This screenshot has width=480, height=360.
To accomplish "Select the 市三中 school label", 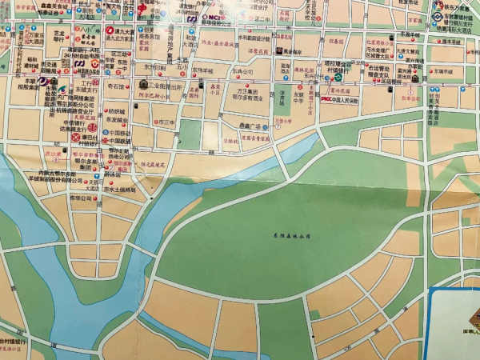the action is tap(165, 121).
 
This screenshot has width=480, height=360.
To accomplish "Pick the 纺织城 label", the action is tap(118, 111).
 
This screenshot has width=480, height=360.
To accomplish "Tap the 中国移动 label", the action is tap(121, 133).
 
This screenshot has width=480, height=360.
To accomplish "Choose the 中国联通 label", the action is tap(121, 142).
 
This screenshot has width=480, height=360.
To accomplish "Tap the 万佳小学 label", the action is tap(282, 121).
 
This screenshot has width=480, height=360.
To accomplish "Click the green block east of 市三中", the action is tap(190, 134).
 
